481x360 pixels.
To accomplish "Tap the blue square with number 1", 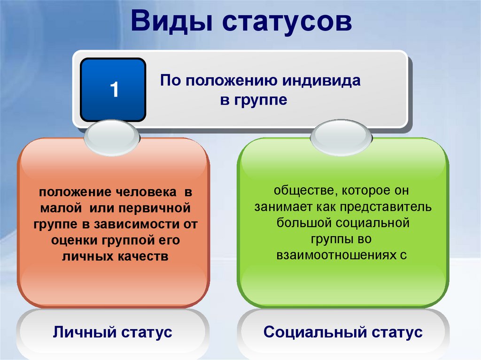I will click(113, 90).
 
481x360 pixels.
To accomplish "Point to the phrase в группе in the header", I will click(254, 100).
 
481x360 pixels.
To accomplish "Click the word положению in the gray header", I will click(229, 81).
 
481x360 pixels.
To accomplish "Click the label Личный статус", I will click(113, 332).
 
